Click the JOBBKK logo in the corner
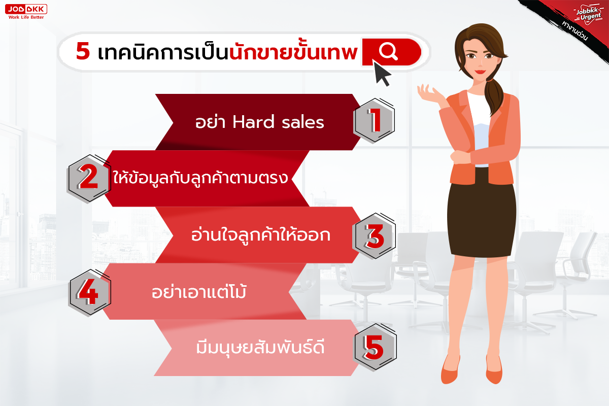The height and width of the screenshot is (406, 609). (x=26, y=12)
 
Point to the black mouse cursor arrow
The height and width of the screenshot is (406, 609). (x=382, y=74)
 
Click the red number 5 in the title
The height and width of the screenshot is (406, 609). (x=83, y=51)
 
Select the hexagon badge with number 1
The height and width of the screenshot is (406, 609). (x=375, y=120)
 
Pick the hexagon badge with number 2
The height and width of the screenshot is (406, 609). (x=89, y=178)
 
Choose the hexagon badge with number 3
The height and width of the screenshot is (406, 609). (x=375, y=235)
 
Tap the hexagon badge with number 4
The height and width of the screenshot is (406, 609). (x=89, y=293)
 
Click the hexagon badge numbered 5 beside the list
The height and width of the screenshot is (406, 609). (x=376, y=347)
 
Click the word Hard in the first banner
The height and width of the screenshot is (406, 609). (x=253, y=122)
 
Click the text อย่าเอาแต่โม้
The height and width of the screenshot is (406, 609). (x=199, y=291)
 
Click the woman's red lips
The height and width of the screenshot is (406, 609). (x=481, y=72)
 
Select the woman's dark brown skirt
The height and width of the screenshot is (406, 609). (x=482, y=216)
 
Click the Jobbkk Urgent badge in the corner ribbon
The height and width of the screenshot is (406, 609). (x=588, y=15)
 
